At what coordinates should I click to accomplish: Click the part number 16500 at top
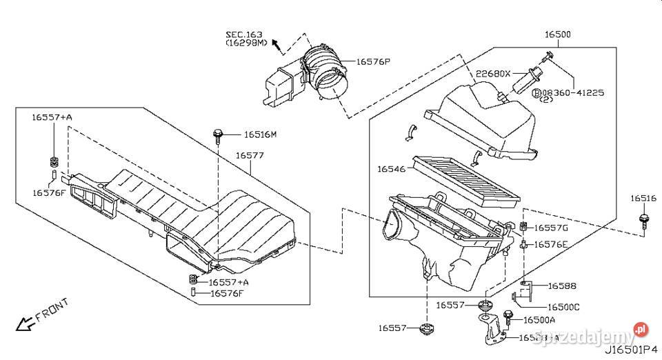tap(558, 34)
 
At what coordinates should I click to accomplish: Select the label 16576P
tap(373, 62)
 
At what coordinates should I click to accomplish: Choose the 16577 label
tap(249, 156)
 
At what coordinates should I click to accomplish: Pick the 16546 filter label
tap(392, 168)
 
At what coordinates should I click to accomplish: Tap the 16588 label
tap(562, 286)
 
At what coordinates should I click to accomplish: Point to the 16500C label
tap(563, 307)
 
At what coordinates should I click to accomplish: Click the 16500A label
tap(539, 320)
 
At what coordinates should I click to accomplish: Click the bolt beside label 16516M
tap(219, 134)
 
